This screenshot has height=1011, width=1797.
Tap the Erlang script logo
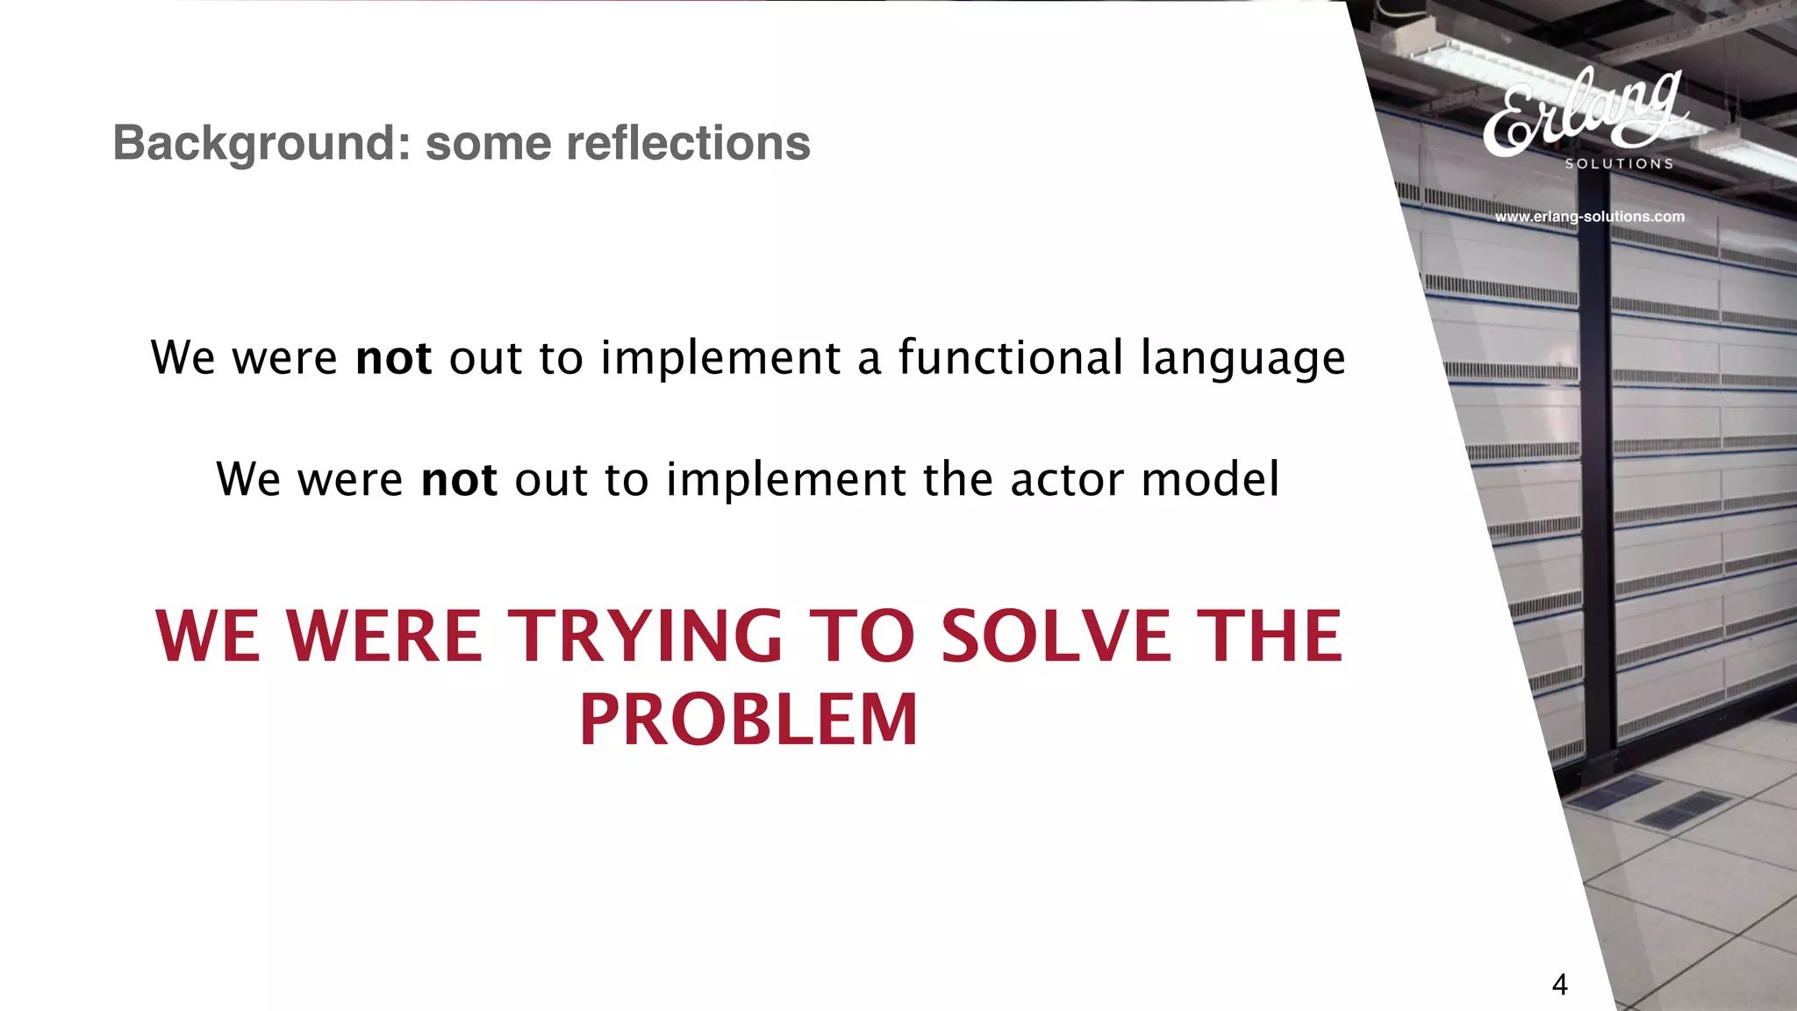click(1584, 112)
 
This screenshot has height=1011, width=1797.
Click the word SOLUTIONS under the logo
click(1619, 164)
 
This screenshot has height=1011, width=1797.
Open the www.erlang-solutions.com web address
click(1589, 217)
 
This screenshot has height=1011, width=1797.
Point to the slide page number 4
click(1559, 985)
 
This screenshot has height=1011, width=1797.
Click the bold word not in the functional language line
click(393, 358)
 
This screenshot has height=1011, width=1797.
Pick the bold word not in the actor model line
click(459, 480)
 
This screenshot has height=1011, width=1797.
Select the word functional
click(1010, 357)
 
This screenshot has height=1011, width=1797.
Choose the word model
click(1210, 480)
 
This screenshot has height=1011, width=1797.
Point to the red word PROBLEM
click(748, 720)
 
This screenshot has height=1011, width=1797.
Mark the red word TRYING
click(646, 635)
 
